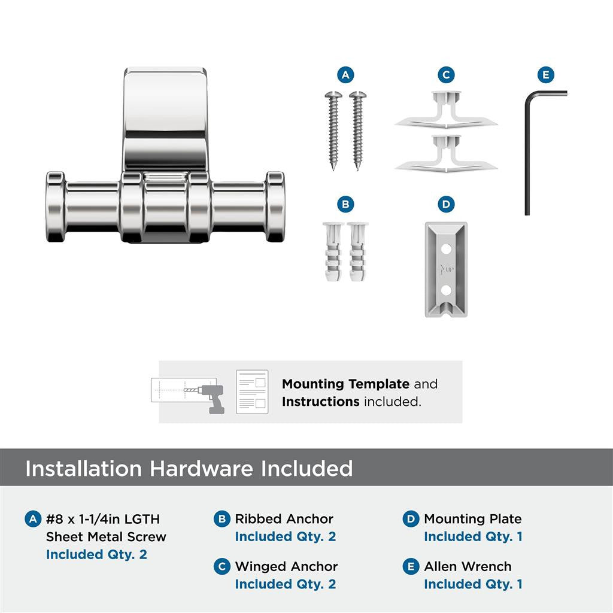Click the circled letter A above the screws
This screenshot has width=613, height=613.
coord(345,75)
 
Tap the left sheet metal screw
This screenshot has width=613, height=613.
coord(333,129)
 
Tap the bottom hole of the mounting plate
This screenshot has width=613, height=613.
coord(445,290)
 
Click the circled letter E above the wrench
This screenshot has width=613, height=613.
coord(545,75)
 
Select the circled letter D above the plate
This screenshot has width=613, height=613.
coord(445,204)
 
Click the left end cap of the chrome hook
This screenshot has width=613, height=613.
coord(55,207)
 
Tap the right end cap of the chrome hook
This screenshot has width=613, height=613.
coord(275,207)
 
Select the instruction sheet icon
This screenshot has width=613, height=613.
coord(252,392)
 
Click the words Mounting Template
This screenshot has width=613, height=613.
coord(345,384)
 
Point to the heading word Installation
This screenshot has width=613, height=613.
coord(84,468)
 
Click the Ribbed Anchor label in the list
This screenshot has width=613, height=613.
coord(284,519)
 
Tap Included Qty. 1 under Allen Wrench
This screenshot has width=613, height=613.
coord(473,584)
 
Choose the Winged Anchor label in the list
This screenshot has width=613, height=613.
coord(286,566)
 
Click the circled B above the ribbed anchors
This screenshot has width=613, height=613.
coord(345,204)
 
